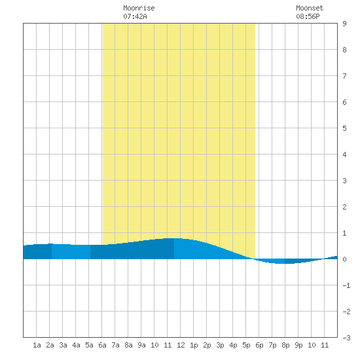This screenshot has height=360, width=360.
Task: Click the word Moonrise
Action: coord(139,8)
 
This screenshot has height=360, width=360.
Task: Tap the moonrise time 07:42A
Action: coord(135,16)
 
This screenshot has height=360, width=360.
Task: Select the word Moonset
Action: coord(310,8)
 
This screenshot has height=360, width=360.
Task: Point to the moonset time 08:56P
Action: coord(308,16)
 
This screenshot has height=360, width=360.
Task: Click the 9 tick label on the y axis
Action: coord(344,24)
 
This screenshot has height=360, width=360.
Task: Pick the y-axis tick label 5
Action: coord(344,128)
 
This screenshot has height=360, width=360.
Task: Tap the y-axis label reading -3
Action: coord(346,338)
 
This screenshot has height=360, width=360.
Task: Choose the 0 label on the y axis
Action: coord(344,259)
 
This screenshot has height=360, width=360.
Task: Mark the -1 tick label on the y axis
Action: coord(346,285)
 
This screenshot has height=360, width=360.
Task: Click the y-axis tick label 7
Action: coord(344,76)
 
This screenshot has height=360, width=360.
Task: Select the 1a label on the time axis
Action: coord(37,345)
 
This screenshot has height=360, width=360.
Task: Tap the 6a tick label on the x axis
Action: coord(102,345)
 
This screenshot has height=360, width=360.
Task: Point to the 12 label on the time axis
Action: coord(181,345)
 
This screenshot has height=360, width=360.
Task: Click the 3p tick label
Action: coord(220,345)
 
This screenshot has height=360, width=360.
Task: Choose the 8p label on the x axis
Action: coord(285,345)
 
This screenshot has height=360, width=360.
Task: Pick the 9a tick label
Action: coord(141,345)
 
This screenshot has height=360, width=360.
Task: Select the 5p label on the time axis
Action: coord(246,345)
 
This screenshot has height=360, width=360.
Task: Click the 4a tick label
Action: coord(76,345)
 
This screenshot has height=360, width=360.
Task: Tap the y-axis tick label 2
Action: coord(344,207)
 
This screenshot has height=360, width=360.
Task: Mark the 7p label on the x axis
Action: coord(272,345)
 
